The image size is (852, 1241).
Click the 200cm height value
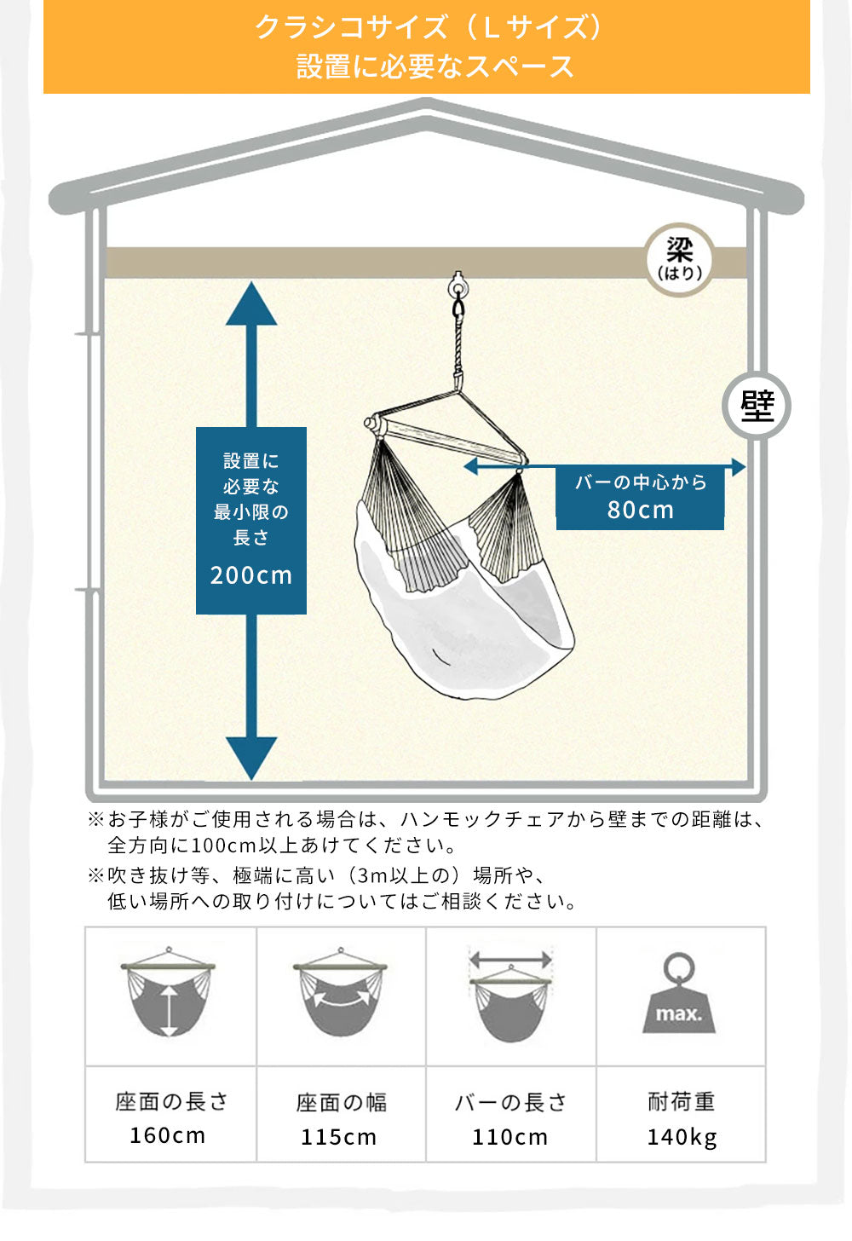pos(251,575)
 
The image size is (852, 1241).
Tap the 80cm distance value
pos(640,510)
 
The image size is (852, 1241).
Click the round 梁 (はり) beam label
pos(679,259)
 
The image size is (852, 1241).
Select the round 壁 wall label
pos(757,406)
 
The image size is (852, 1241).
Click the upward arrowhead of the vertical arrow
pos(251,305)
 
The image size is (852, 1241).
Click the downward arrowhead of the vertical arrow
pos(251,756)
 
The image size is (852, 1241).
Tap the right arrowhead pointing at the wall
pos(737,466)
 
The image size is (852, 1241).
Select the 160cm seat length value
pos(168,1136)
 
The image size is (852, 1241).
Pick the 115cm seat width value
pos(338,1137)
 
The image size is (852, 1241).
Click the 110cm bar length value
pos(509,1137)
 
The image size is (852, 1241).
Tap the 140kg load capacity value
pos(682,1137)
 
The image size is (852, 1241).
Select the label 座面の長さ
pos(171,1102)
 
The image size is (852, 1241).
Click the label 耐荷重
pos(681,1102)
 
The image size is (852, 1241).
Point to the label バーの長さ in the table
pos(510,1102)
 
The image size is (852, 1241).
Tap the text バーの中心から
pos(641,482)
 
